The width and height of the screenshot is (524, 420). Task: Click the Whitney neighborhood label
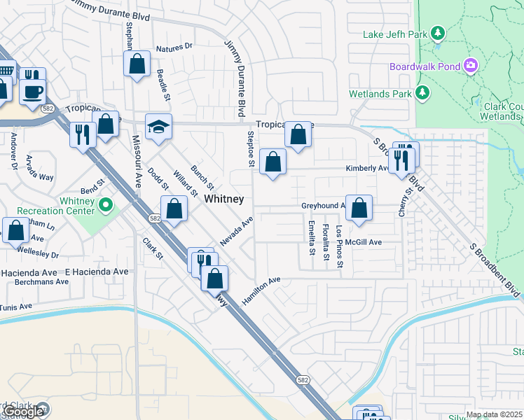tap(224, 199)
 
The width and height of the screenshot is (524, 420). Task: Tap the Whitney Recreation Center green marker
tap(106, 205)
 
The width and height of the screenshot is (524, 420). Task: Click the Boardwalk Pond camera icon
tap(471, 66)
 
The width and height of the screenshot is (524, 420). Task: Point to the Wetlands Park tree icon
tap(422, 93)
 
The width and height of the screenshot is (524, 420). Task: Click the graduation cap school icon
tap(158, 127)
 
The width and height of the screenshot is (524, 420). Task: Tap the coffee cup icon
tap(33, 92)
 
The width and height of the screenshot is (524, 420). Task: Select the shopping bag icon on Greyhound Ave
tap(359, 208)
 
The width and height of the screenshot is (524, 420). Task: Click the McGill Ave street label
tap(364, 242)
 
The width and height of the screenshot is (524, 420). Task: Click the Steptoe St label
tap(250, 148)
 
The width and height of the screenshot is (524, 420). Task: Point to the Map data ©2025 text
tap(494, 414)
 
